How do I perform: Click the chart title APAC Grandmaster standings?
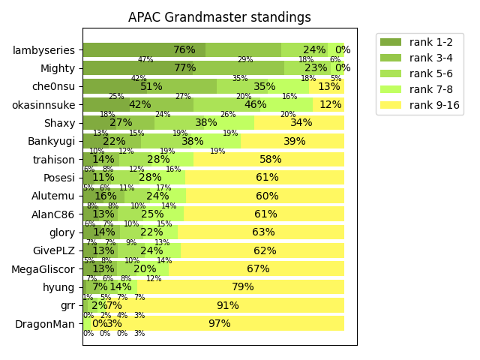pos(219,17)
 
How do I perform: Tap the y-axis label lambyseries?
pos(43,50)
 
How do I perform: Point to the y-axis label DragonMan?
pos(45,324)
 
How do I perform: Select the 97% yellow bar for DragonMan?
pos(220,324)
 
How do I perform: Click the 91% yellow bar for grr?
pos(227,305)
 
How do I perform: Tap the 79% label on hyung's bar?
pos(243,287)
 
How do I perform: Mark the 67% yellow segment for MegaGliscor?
pos(258,269)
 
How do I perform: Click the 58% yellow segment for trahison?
pos(270,160)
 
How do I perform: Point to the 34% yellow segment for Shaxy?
pos(301,123)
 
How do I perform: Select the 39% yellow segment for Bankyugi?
pos(294,141)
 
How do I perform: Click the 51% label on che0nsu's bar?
pos(151,87)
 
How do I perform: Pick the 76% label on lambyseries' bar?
pos(184,50)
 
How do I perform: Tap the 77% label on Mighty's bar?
pos(184,68)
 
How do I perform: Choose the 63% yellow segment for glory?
pos(263,232)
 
